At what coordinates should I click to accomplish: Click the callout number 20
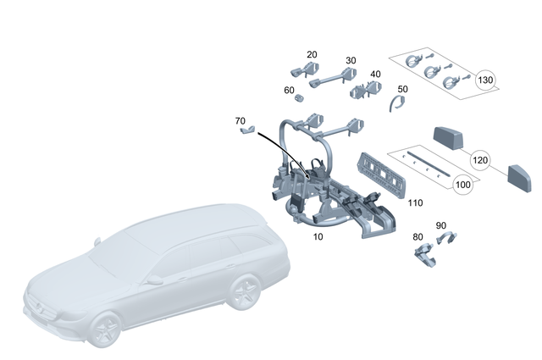coord(312,54)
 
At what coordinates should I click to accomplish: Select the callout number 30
coord(351,60)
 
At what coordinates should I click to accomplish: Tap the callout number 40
coord(375,75)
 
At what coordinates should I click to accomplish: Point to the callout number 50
coord(402,89)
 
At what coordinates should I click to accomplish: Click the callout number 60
coord(290,90)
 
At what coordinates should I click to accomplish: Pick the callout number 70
coord(241,121)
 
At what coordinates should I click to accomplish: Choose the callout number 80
coord(418,237)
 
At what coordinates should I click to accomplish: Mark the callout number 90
coord(440,225)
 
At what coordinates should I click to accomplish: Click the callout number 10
coord(318,237)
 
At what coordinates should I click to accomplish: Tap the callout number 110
coord(415,203)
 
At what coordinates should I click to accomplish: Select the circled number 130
coord(485,80)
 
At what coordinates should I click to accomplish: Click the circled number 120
coord(480,160)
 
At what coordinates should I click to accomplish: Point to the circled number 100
coord(462,184)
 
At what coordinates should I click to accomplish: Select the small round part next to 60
coord(298,98)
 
